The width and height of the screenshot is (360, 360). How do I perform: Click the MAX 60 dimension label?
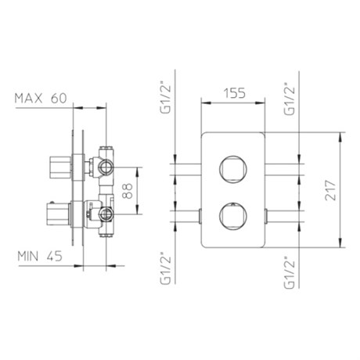41,99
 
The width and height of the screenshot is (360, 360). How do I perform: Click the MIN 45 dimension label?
40,256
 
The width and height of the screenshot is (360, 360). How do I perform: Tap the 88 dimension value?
128,191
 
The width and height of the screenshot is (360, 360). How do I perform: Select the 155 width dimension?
235,93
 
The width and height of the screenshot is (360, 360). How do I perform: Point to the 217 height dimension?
330,190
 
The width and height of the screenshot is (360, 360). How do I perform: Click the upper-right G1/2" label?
290,99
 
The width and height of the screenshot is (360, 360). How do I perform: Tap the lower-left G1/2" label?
166,268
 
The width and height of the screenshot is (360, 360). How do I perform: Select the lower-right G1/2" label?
290,273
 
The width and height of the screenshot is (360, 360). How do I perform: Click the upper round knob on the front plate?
233,169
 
